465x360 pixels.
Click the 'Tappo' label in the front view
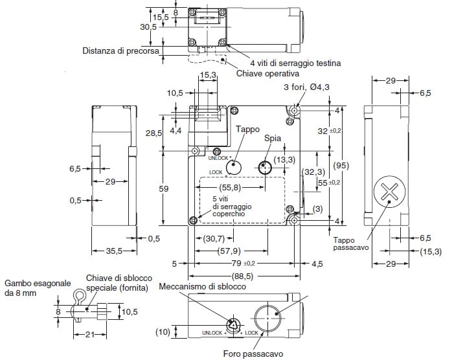coord(247,129)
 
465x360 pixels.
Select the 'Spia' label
coord(272,139)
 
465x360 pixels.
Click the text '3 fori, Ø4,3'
coord(305,87)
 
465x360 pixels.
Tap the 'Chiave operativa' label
coord(266,74)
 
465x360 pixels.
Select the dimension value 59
coord(164,188)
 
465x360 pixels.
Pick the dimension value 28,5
coord(153,133)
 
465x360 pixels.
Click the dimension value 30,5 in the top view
coord(148,27)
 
